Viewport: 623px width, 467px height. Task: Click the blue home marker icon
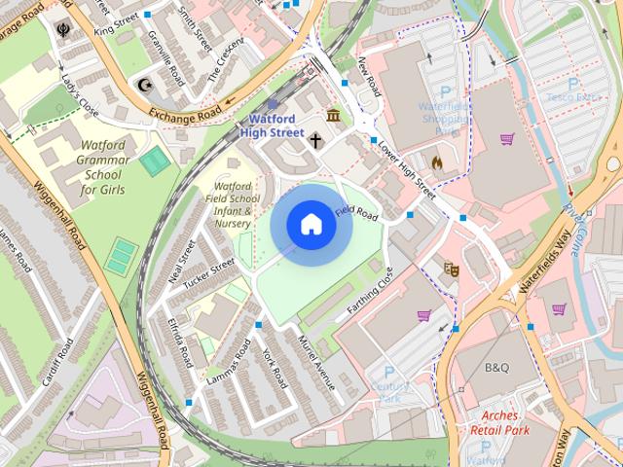pyautogui.click(x=311, y=225)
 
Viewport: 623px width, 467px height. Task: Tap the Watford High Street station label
pyautogui.click(x=272, y=125)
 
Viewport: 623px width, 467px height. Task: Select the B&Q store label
pyautogui.click(x=496, y=368)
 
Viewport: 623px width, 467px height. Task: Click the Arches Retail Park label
pyautogui.click(x=499, y=421)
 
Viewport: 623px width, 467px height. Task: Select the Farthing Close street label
pyautogui.click(x=371, y=294)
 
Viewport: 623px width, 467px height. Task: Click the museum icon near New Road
pyautogui.click(x=334, y=117)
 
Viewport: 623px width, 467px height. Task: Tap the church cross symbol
pyautogui.click(x=315, y=140)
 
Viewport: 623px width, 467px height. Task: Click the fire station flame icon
pyautogui.click(x=437, y=162)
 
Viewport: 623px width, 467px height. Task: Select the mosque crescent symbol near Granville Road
pyautogui.click(x=145, y=84)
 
